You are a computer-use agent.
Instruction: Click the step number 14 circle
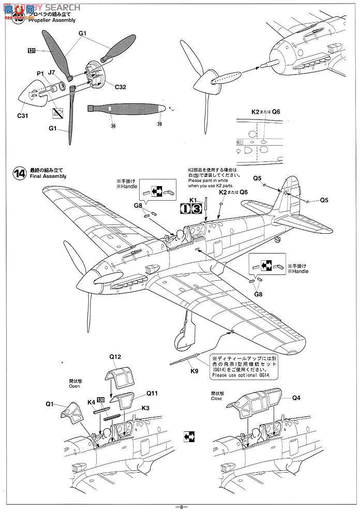click(x=20, y=174)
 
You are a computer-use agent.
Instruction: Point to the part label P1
click(x=40, y=74)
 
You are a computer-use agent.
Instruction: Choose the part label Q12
click(x=115, y=357)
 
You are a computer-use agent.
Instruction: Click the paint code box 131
click(x=32, y=51)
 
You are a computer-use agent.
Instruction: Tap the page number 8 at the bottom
click(x=179, y=506)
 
